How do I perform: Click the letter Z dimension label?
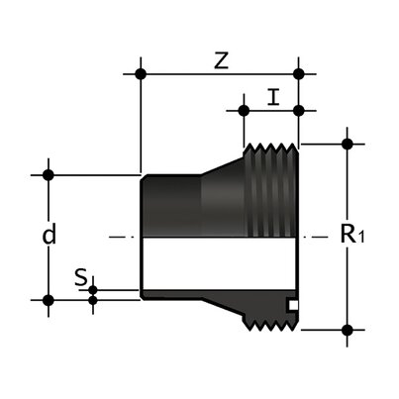tap(221, 60)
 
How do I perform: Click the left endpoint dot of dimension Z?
tap(142, 73)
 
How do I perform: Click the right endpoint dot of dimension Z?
tap(299, 73)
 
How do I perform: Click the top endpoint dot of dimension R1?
tap(347, 144)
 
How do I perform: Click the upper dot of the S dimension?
tap(93, 289)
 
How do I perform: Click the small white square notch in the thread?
tap(291, 303)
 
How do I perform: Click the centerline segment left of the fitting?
tap(119, 237)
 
